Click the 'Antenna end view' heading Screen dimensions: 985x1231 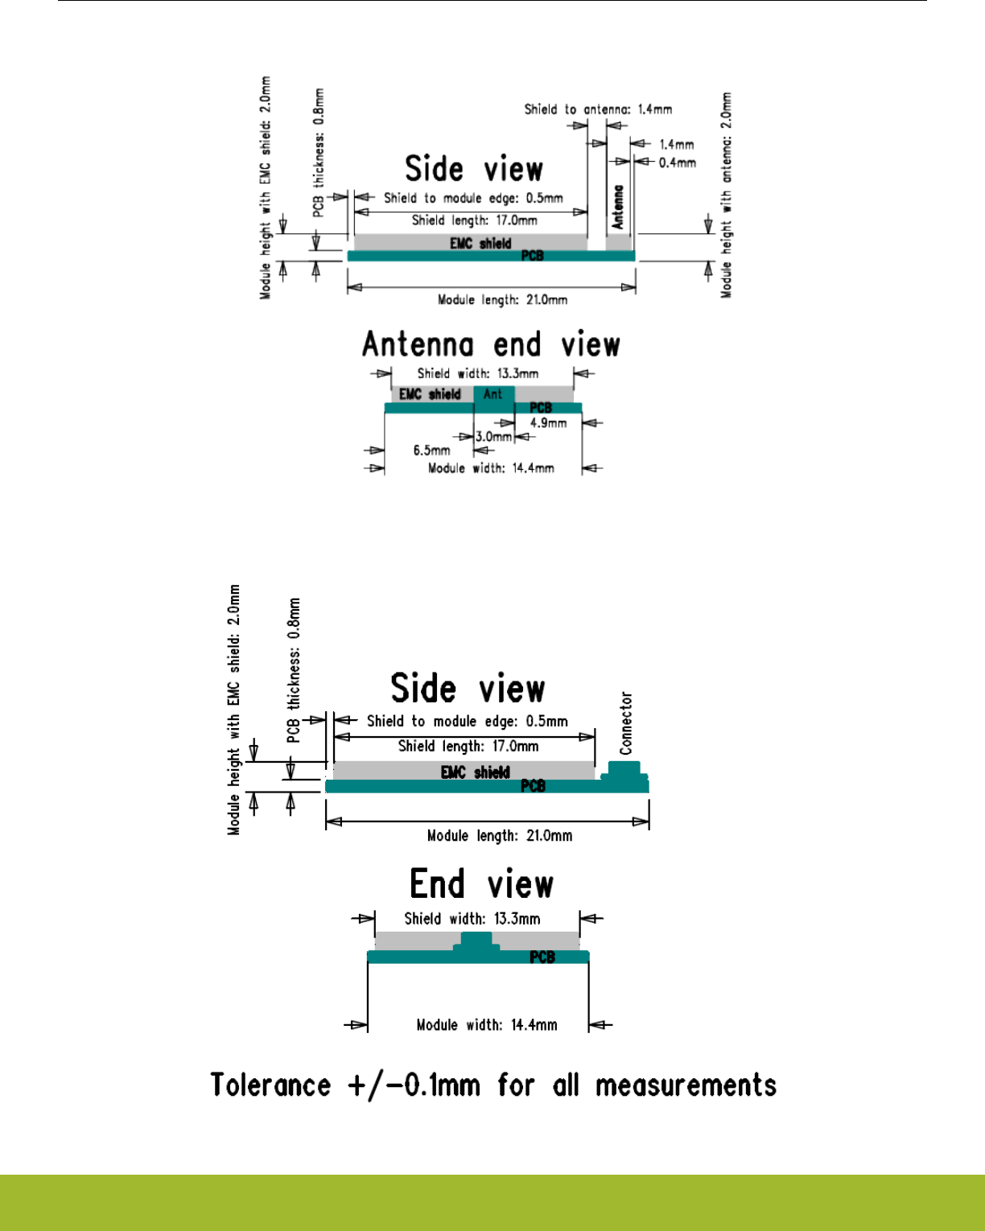tap(491, 345)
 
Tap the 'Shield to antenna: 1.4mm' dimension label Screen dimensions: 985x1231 tap(598, 109)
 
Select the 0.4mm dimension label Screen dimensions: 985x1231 tap(678, 163)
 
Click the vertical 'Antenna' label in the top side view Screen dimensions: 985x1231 tap(618, 207)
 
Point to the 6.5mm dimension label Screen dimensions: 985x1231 tap(432, 451)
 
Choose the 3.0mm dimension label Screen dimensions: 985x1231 tap(493, 437)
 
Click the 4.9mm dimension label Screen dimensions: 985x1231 tap(548, 423)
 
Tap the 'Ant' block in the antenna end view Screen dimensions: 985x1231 tap(493, 394)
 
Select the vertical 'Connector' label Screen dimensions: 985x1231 tap(626, 723)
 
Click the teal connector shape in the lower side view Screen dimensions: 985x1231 tap(625, 772)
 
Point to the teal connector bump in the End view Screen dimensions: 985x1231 tap(476, 941)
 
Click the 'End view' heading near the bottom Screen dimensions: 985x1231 tap(481, 884)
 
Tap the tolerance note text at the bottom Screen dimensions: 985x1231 tap(493, 1085)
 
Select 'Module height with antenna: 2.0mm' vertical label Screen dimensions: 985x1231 tap(727, 195)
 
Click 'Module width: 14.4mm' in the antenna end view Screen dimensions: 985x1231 tap(491, 468)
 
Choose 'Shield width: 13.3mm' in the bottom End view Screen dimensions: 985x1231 tap(472, 919)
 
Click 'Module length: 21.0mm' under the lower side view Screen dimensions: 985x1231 tap(500, 836)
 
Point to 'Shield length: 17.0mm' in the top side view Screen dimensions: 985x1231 tap(475, 220)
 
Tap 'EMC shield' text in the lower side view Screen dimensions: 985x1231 tap(476, 772)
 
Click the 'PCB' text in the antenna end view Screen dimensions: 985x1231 tap(541, 408)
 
